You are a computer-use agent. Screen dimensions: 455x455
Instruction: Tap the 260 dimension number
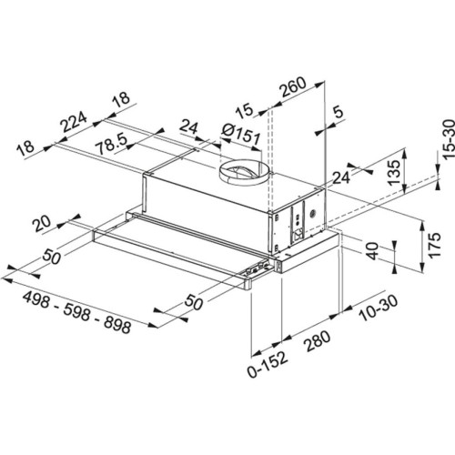click(292, 90)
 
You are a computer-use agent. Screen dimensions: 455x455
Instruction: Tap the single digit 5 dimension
click(339, 115)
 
